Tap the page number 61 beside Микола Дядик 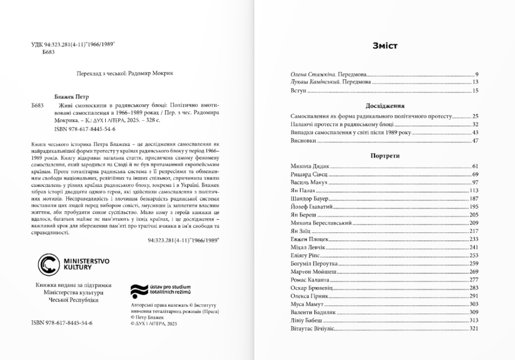475,166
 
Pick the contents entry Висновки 303,141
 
